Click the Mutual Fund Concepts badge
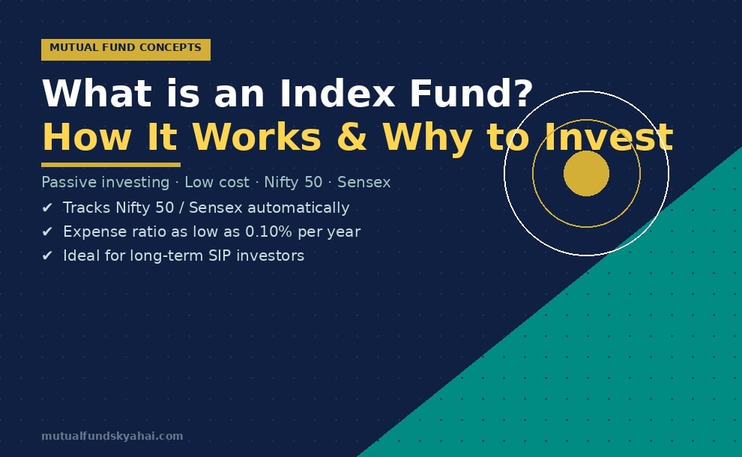tap(125, 49)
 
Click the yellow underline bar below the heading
tap(110, 165)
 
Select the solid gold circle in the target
tap(586, 174)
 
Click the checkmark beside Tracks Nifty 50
tap(47, 208)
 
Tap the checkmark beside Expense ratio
tap(47, 232)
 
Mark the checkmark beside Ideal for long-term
tap(47, 256)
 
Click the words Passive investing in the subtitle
tap(105, 183)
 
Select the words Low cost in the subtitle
tap(217, 183)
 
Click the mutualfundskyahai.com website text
tap(112, 436)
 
